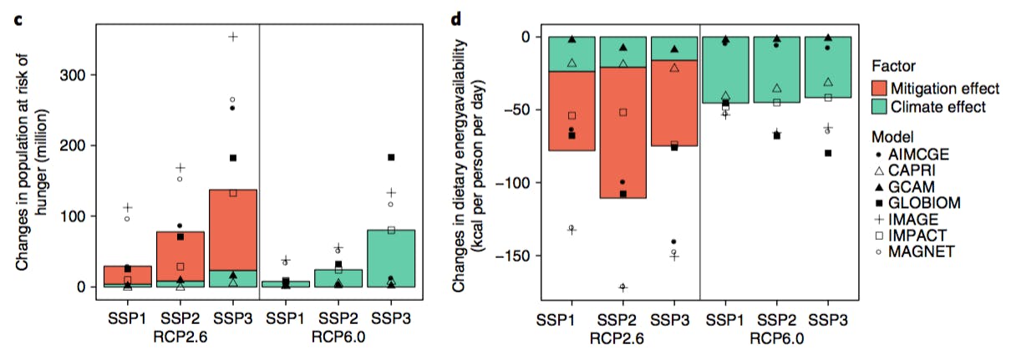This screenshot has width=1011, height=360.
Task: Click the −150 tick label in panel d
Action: click(x=513, y=256)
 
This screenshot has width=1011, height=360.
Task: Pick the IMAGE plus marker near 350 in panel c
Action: click(x=233, y=37)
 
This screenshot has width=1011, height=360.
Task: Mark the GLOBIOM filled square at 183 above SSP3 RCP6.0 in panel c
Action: click(x=391, y=158)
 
